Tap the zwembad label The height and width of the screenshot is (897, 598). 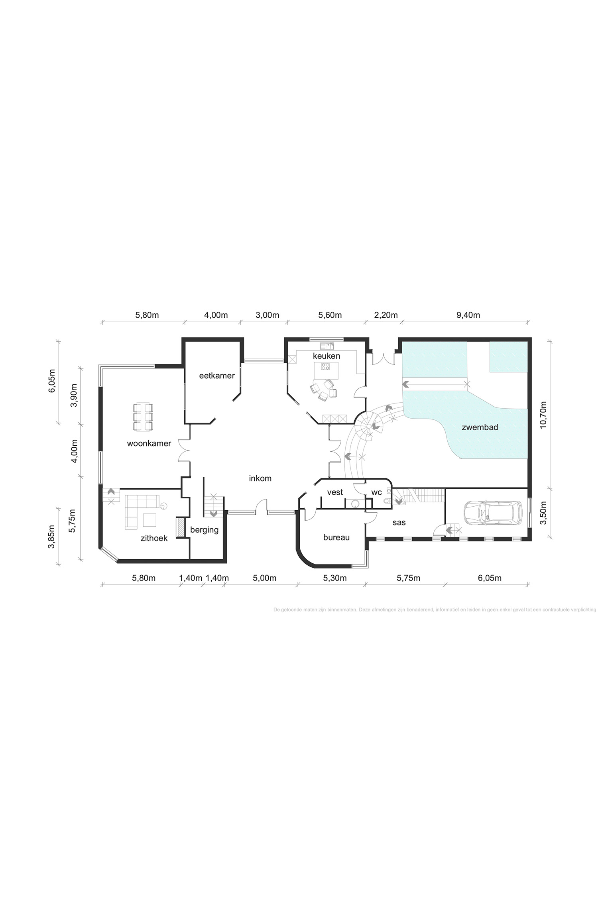click(480, 427)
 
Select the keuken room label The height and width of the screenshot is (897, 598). click(327, 356)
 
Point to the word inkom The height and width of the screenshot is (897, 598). click(260, 478)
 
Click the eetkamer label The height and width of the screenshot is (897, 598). click(217, 375)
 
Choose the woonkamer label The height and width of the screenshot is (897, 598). click(149, 443)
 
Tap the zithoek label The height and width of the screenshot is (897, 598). click(154, 538)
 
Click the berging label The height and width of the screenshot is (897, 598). click(205, 530)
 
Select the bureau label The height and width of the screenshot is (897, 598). click(336, 537)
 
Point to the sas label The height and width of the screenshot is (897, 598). click(399, 522)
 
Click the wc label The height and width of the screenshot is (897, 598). click(377, 492)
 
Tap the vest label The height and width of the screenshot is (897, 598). click(335, 492)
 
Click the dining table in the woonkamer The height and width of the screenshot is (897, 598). click(143, 417)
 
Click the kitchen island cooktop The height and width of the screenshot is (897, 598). click(326, 367)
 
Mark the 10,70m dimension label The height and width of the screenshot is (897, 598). click(542, 415)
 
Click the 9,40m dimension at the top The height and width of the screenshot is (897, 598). click(468, 315)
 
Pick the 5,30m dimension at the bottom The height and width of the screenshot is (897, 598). click(334, 578)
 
